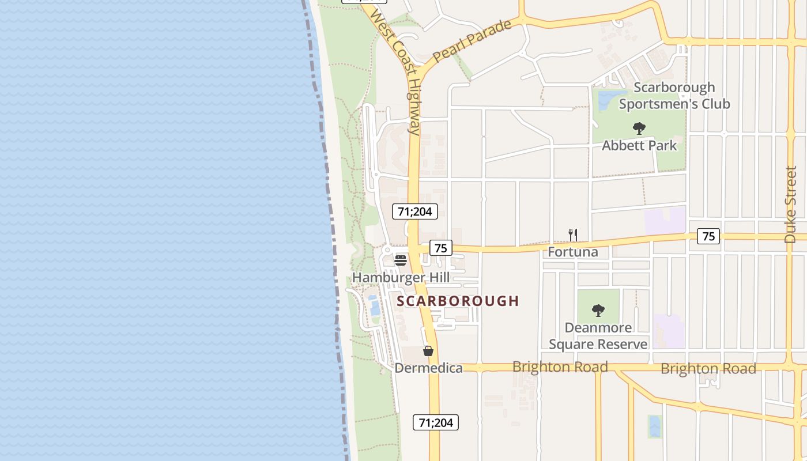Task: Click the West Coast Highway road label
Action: (x=397, y=72)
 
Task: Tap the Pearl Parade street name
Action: (x=472, y=41)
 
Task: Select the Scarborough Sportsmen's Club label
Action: (x=674, y=96)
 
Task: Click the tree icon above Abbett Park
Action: (x=639, y=129)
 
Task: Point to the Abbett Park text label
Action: (x=639, y=145)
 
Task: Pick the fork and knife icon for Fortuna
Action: (x=572, y=235)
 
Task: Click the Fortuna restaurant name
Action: (x=572, y=252)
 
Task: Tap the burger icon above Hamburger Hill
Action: (x=401, y=260)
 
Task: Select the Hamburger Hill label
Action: (x=401, y=277)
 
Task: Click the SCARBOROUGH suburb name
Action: (x=458, y=301)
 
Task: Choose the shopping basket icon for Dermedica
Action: (x=428, y=350)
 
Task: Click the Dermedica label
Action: (x=428, y=368)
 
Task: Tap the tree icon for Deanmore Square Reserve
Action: (x=598, y=311)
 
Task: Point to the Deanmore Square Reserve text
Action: (x=598, y=336)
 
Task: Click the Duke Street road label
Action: (x=790, y=205)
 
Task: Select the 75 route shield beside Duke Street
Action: (x=708, y=236)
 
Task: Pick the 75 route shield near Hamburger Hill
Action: (x=440, y=248)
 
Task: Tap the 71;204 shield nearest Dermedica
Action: (x=436, y=422)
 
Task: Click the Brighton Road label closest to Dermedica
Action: (x=560, y=367)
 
